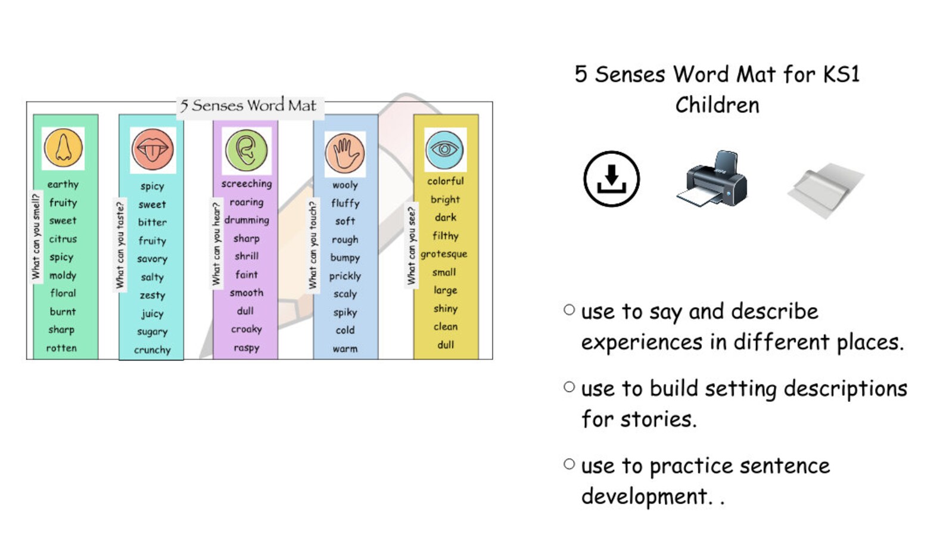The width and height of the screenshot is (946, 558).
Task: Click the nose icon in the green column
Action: [x=63, y=148]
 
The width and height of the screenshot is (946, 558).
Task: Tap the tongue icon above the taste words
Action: [x=153, y=150]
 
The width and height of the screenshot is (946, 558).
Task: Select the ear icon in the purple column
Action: [x=247, y=150]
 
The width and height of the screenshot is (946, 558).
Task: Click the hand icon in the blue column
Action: [x=344, y=153]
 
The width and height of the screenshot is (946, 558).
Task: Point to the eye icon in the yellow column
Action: [x=444, y=149]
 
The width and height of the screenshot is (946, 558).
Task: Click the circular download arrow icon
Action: [x=611, y=179]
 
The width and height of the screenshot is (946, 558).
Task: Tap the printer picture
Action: [x=712, y=179]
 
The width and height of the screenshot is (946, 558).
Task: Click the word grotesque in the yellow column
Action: [x=444, y=254]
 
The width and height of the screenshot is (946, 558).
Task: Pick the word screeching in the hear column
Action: [x=247, y=184]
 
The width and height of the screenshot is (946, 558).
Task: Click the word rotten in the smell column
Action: [x=62, y=348]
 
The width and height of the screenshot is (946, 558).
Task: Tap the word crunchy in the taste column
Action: [x=152, y=350]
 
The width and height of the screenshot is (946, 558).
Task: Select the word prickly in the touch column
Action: [x=345, y=276]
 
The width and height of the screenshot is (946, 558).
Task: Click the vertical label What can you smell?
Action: [x=36, y=236]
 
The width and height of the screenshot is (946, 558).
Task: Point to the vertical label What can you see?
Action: [x=411, y=246]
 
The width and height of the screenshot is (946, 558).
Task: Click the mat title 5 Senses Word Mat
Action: [x=248, y=106]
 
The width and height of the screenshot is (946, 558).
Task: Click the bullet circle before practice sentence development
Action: [x=570, y=464]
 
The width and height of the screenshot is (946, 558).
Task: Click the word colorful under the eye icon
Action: [x=445, y=181]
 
